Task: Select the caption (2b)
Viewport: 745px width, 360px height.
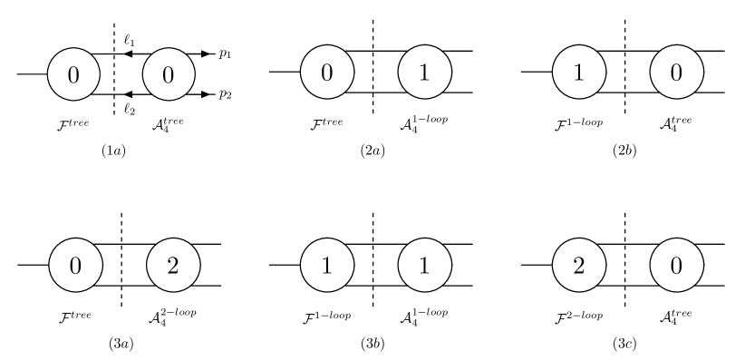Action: coord(624,151)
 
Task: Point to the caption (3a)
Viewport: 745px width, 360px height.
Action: coord(121,344)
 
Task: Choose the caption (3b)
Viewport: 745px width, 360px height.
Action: coord(372,344)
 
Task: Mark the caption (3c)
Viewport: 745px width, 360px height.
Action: coord(624,344)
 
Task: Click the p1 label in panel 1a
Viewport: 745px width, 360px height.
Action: coord(224,54)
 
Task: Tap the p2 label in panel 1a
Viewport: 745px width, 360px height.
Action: coord(224,94)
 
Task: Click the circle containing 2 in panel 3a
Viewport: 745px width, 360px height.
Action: coord(173,265)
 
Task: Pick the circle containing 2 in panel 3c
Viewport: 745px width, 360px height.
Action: coord(578,265)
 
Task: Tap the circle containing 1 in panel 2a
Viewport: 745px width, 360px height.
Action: coord(424,73)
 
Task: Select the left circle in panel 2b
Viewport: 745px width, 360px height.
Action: coord(578,73)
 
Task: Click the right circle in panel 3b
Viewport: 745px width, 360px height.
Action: coord(424,265)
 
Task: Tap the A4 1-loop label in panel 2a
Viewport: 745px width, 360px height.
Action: coord(424,122)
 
